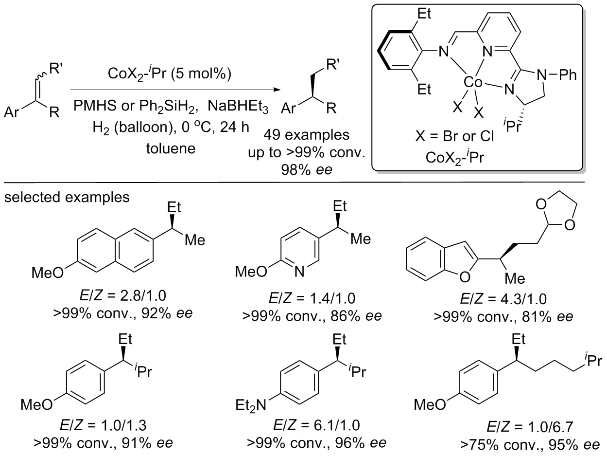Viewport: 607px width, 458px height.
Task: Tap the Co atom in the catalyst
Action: click(473, 82)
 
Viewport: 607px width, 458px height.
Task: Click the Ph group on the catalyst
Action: click(568, 75)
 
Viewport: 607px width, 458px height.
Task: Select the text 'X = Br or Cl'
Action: click(454, 136)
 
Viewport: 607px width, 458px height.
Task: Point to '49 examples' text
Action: click(306, 135)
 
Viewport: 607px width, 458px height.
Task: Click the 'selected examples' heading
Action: click(67, 197)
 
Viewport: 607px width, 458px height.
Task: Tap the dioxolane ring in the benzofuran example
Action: click(555, 214)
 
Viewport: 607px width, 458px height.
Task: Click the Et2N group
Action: click(251, 406)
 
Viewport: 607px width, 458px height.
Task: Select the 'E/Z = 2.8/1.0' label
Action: click(123, 296)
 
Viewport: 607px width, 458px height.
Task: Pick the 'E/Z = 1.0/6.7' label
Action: click(530, 427)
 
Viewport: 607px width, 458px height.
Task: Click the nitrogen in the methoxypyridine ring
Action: click(299, 272)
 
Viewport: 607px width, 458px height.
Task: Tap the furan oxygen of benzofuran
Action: click(465, 276)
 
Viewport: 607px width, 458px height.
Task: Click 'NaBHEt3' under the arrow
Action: click(238, 106)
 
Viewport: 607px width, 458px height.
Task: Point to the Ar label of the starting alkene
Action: click(12, 112)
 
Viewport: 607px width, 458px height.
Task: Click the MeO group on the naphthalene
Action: click(48, 273)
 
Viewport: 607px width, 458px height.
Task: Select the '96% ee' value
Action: click(361, 443)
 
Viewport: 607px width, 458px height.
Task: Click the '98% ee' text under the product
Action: click(306, 169)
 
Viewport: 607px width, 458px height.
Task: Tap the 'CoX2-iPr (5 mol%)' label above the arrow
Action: click(169, 73)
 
